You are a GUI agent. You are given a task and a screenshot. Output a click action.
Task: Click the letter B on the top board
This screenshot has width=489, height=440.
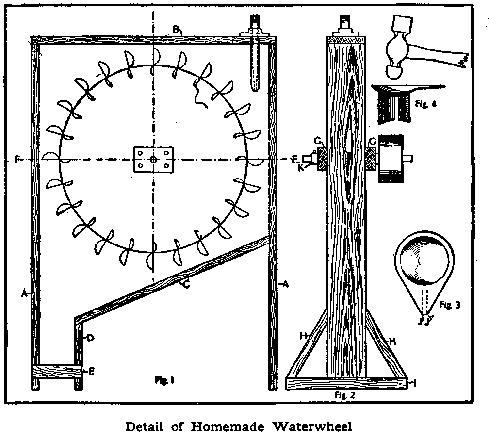(x=177, y=29)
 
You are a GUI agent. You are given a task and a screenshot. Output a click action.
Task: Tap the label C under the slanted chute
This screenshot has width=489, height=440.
(x=186, y=285)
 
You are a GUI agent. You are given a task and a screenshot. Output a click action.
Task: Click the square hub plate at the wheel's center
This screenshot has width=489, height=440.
(x=153, y=159)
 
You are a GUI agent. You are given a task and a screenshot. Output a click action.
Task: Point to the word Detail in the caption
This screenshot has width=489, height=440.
(x=145, y=427)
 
